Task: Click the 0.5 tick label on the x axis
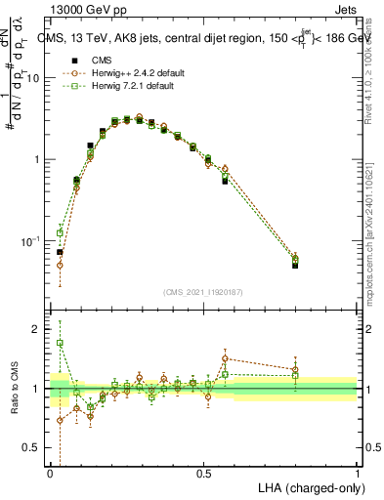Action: (203, 474)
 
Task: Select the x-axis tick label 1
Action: (358, 474)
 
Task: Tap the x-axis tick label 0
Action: (50, 474)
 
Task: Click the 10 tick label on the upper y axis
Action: (34, 78)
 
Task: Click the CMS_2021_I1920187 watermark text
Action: (203, 291)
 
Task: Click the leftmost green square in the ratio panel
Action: (60, 343)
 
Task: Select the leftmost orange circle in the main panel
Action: (60, 265)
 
